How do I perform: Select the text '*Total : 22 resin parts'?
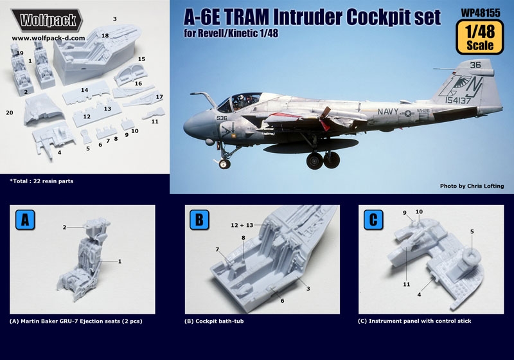point(42,181)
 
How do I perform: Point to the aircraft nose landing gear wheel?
point(224,164)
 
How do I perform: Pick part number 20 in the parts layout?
point(9,113)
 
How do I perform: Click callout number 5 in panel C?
point(472,231)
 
